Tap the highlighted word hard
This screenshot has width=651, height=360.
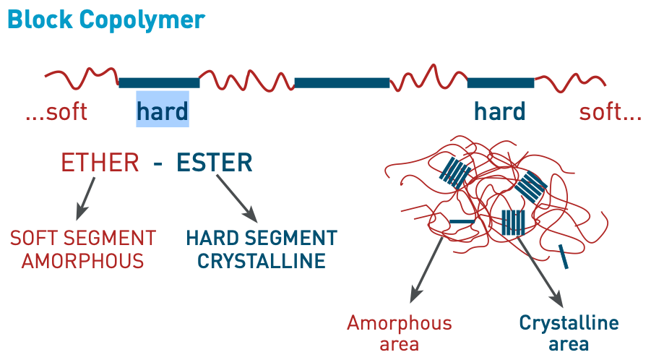tap(163, 111)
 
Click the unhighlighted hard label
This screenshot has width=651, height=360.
tap(499, 111)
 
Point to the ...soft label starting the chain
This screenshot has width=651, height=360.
tap(56, 112)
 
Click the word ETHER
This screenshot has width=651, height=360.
tap(100, 163)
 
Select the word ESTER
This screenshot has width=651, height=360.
tap(215, 163)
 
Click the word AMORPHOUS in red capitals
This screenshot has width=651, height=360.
tap(82, 261)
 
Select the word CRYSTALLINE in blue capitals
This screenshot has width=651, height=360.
tap(262, 261)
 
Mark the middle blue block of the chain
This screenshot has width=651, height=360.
tap(342, 82)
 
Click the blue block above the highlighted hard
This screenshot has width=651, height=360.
tap(159, 82)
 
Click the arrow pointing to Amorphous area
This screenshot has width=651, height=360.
tap(427, 267)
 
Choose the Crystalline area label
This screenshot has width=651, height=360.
tap(569, 333)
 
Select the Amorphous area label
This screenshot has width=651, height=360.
tap(400, 333)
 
